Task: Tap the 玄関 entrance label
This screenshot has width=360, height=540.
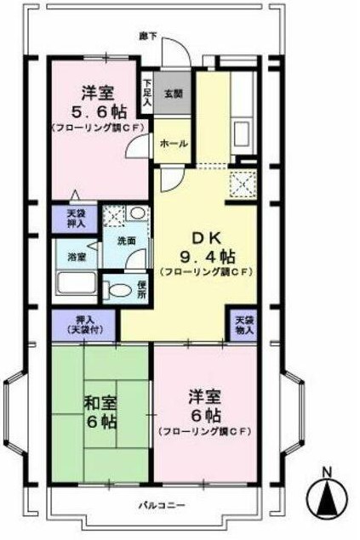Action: tap(174, 94)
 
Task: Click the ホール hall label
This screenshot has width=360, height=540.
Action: tap(174, 144)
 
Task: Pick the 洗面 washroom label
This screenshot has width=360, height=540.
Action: tap(127, 241)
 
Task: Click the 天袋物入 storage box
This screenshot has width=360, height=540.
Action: tap(243, 324)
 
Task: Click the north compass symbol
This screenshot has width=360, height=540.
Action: tap(325, 495)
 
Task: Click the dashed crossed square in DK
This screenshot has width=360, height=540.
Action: tap(242, 182)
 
